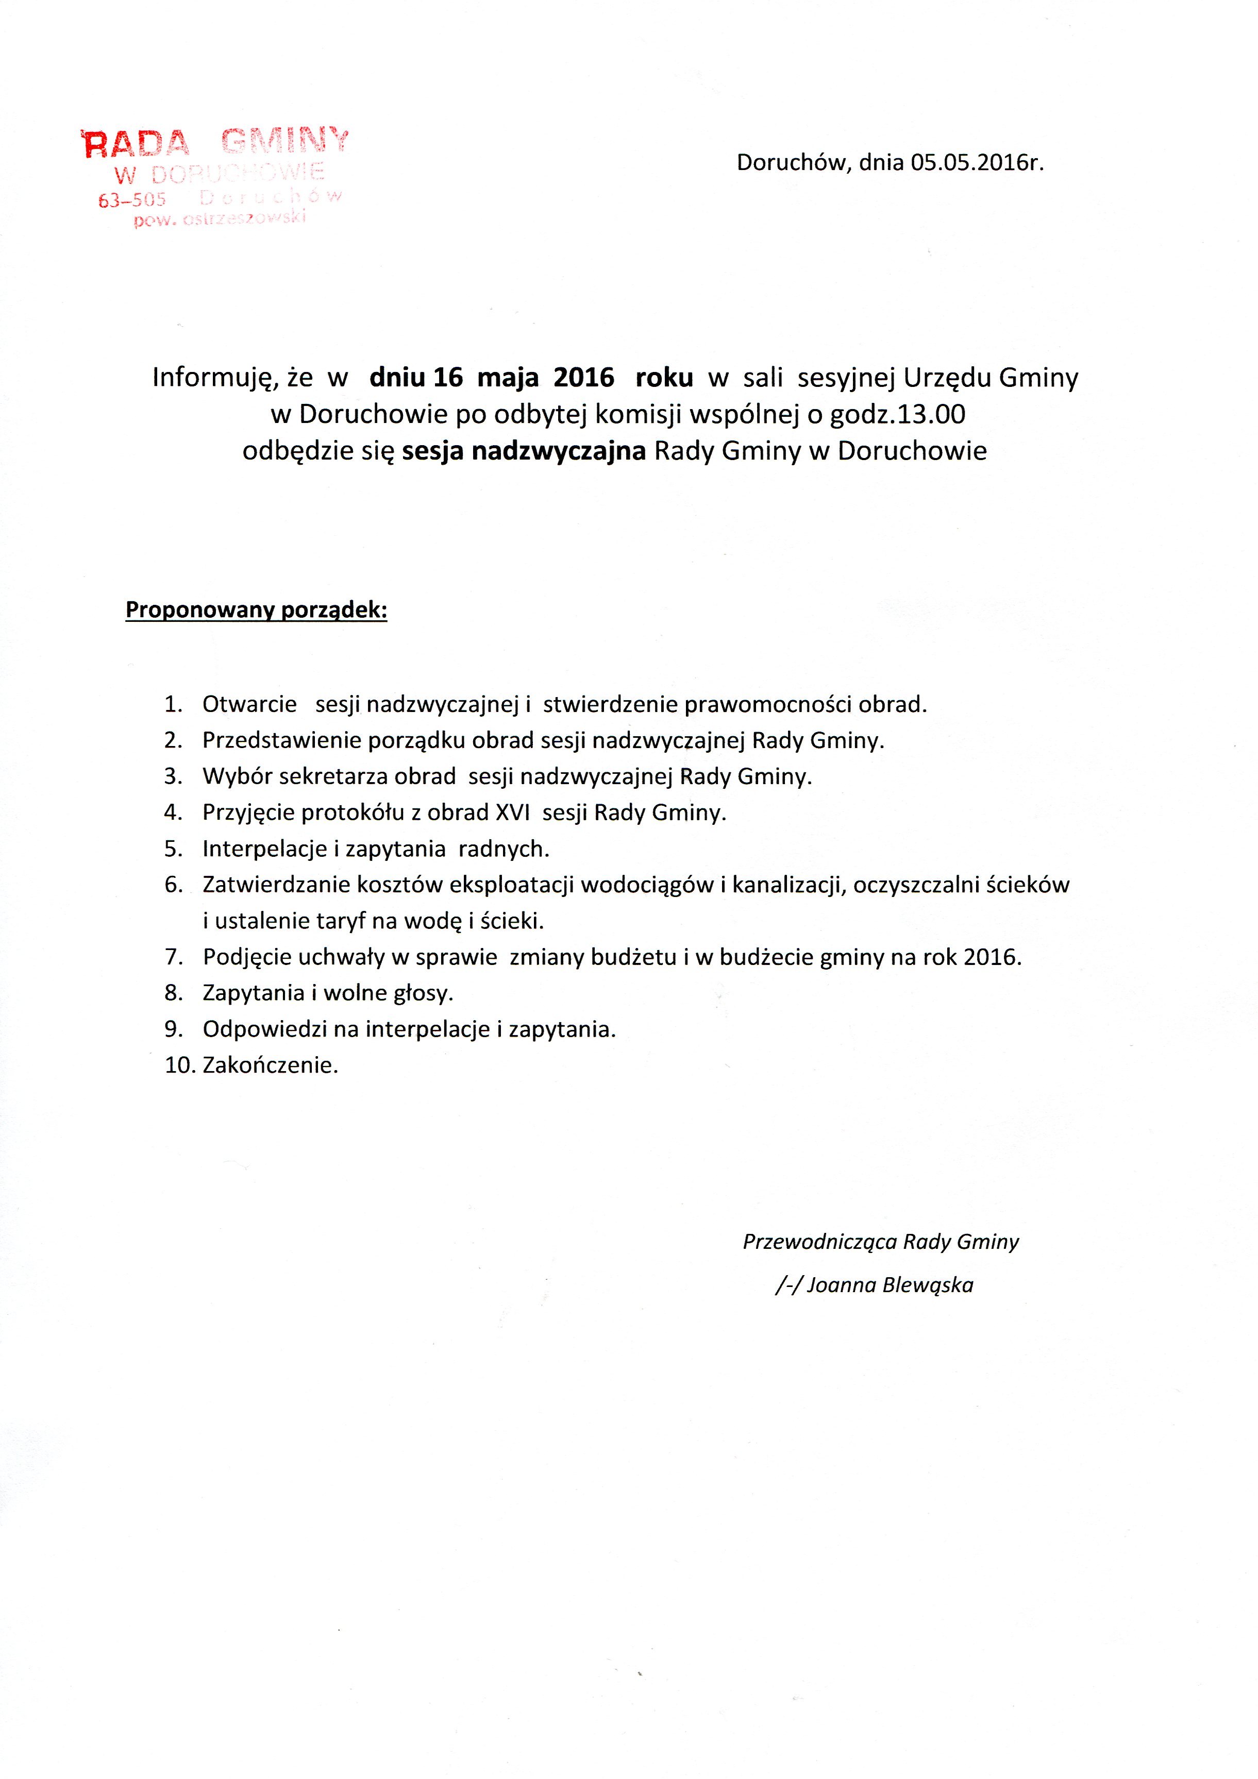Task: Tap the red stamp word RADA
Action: pyautogui.click(x=136, y=144)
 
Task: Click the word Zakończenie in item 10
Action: pyautogui.click(x=270, y=1065)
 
